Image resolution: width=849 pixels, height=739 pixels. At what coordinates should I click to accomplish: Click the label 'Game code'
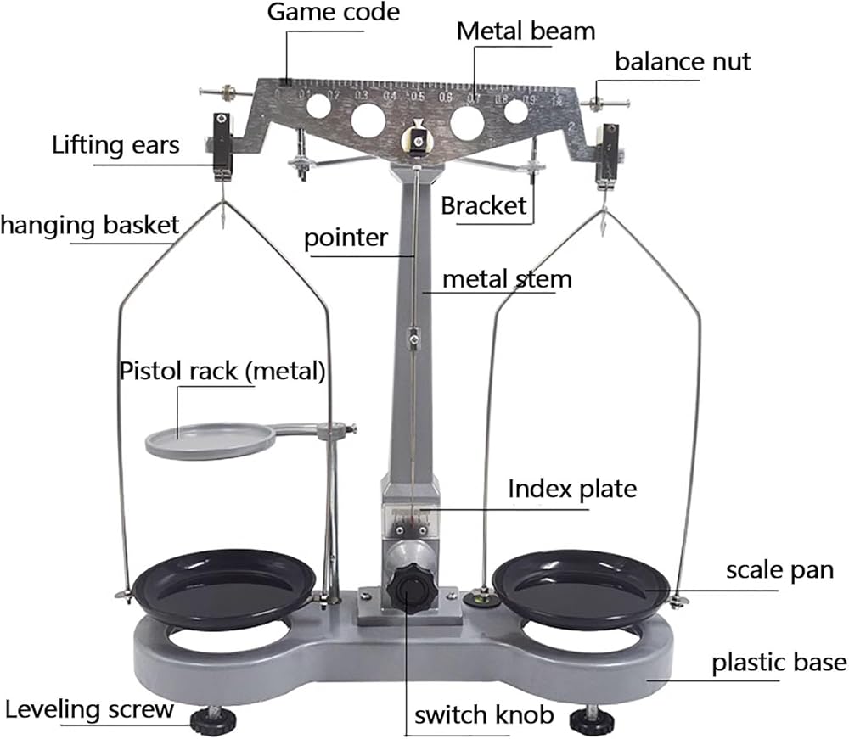[334, 13]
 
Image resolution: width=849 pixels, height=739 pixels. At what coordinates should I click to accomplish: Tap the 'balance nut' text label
[683, 62]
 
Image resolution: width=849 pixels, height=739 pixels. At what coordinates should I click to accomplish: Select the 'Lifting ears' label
[115, 144]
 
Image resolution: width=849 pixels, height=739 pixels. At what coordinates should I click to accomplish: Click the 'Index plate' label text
[572, 489]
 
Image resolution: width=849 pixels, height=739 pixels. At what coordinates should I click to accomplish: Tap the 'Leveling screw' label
[89, 708]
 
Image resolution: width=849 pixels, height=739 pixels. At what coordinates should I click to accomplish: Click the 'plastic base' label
[779, 661]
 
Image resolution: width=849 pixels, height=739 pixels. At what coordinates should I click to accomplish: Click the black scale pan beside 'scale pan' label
[581, 585]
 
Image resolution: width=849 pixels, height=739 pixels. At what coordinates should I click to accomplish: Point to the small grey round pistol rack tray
[210, 439]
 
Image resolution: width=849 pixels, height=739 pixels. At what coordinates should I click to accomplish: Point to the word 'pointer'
[346, 237]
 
